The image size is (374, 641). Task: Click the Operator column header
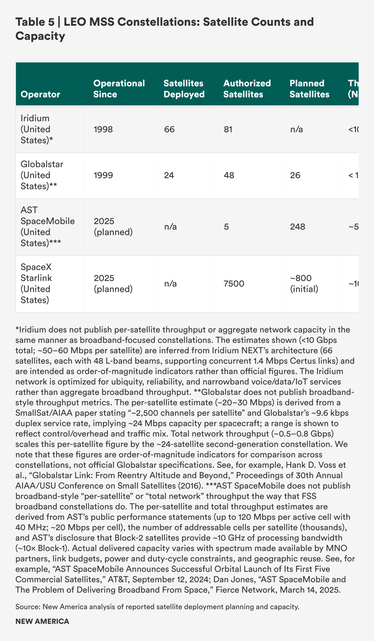[40, 94]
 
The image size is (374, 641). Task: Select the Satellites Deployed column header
[184, 88]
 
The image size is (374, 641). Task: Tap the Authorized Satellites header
[247, 88]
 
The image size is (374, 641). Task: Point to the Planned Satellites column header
[309, 88]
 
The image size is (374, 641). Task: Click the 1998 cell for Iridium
[103, 129]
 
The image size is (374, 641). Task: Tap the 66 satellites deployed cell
[169, 129]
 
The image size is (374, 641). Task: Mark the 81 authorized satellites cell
[228, 129]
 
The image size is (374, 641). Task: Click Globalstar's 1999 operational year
[103, 175]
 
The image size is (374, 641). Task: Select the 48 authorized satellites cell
[229, 175]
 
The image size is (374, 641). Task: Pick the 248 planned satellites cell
[297, 227]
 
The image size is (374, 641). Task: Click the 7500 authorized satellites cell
[234, 284]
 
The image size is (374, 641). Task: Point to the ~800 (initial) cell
[304, 283]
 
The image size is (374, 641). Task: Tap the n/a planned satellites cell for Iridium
[296, 129]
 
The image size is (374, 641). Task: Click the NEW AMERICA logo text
[42, 621]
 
